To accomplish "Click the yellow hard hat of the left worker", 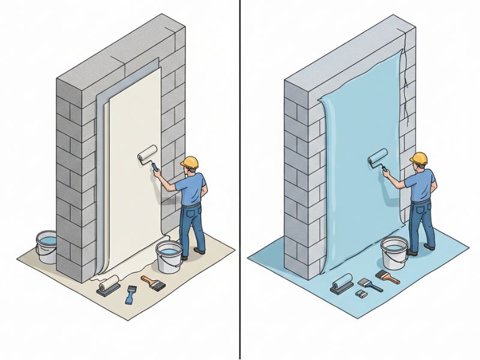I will (190, 162).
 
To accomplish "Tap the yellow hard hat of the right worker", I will (418, 158).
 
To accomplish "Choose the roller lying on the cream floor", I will (107, 285).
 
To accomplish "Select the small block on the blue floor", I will (361, 294).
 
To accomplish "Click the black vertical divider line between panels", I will (240, 180).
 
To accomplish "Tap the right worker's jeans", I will (422, 222).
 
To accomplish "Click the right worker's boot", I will (429, 247).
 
